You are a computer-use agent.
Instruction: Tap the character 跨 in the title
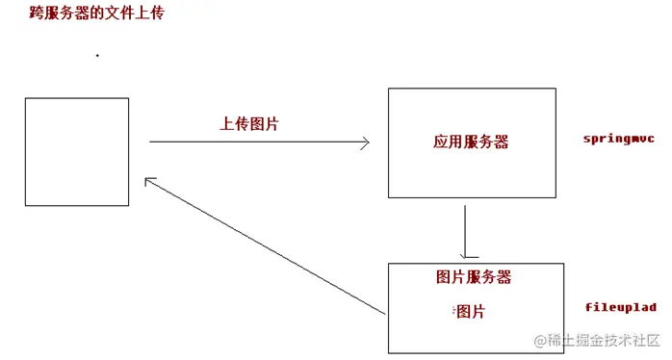click(38, 14)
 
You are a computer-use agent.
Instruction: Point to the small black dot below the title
click(97, 56)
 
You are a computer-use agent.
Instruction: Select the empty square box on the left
click(77, 151)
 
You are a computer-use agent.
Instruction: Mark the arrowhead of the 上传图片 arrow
click(366, 142)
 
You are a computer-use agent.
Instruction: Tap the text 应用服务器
click(471, 142)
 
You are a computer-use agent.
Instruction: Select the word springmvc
click(619, 139)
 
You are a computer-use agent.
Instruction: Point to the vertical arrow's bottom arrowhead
click(466, 255)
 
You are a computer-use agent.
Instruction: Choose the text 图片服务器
click(473, 277)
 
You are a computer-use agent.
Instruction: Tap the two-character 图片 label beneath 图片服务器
click(470, 311)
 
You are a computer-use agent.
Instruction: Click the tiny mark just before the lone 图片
click(452, 310)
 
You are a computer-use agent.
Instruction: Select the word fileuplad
click(621, 307)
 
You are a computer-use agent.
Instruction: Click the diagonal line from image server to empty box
click(265, 246)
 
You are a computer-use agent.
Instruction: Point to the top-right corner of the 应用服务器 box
click(556, 89)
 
